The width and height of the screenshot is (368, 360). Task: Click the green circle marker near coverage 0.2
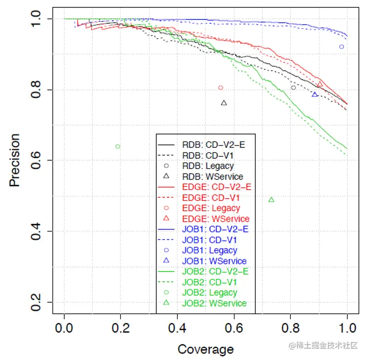click(118, 146)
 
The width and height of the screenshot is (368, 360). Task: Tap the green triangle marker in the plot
click(271, 200)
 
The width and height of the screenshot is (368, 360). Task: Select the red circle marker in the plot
click(221, 88)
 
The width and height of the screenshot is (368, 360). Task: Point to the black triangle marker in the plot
click(224, 103)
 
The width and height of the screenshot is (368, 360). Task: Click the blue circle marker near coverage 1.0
click(341, 46)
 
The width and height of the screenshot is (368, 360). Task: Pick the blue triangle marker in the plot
click(315, 94)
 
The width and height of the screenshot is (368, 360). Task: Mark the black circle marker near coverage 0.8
click(293, 88)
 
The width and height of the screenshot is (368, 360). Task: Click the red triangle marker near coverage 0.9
click(320, 84)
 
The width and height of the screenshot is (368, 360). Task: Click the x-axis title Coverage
click(205, 349)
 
